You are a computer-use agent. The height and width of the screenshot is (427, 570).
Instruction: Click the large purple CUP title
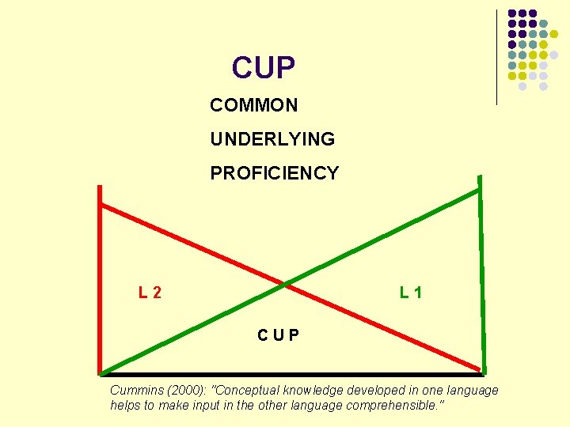[x=264, y=68]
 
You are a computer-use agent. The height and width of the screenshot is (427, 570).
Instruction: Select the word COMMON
[x=254, y=105]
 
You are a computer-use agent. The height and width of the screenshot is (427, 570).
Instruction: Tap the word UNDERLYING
[x=272, y=139]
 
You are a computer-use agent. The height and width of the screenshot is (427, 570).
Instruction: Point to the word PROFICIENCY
[x=274, y=173]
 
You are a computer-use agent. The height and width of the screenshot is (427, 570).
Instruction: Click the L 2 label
[x=150, y=293]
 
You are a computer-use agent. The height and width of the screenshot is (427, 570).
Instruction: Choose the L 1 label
[x=411, y=293]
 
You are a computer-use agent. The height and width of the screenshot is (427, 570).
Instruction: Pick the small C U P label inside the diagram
[x=278, y=334]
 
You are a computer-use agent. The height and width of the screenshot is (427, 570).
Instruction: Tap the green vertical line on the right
[x=481, y=285]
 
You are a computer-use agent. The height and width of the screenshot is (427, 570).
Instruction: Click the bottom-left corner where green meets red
[x=101, y=372]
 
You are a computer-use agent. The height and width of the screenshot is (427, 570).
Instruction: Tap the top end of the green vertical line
[x=480, y=190]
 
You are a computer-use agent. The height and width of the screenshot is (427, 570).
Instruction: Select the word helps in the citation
[x=126, y=405]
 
